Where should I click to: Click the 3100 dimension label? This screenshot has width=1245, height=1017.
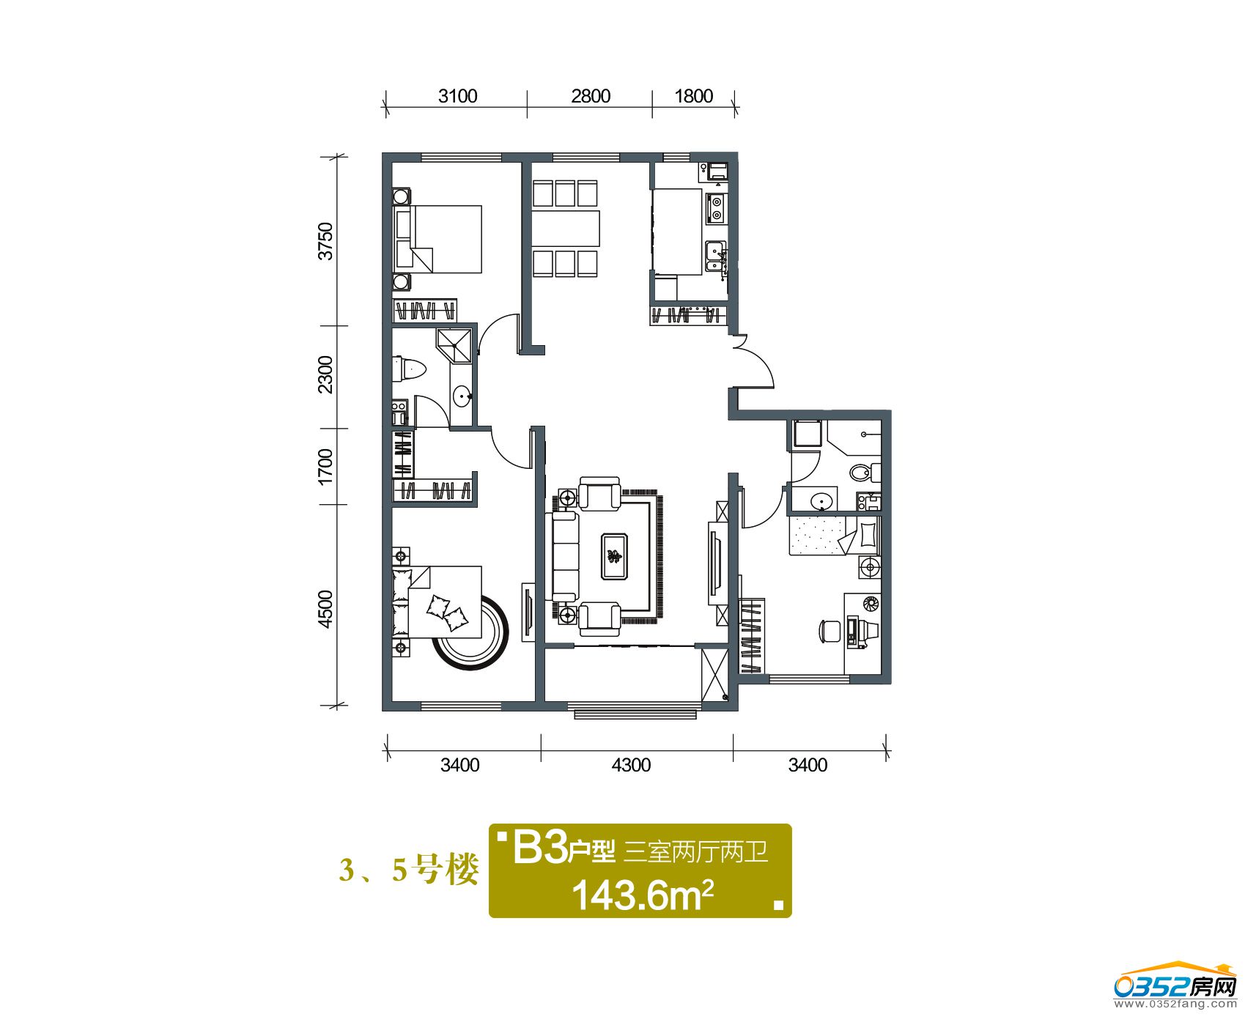(457, 96)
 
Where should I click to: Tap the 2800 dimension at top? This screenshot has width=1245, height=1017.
(591, 96)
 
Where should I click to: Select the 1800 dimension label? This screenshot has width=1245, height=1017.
(693, 96)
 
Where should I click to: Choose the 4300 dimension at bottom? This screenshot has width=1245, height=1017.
(631, 765)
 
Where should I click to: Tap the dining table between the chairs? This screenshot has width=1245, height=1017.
(566, 229)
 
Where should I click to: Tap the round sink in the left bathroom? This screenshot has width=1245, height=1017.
(462, 397)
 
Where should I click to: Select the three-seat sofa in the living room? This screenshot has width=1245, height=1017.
(564, 556)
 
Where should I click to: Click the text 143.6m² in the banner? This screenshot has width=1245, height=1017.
(643, 895)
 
